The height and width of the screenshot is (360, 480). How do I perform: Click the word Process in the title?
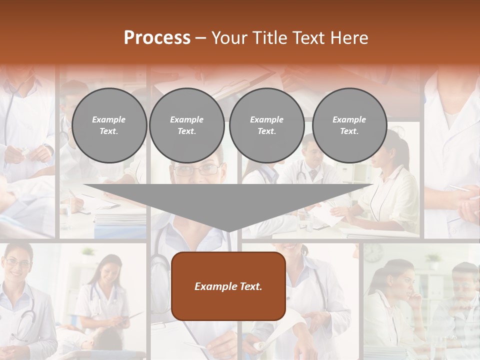(x=157, y=38)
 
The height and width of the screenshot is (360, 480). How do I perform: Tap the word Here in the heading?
(x=348, y=38)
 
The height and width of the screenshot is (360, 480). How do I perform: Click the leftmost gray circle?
(x=109, y=125)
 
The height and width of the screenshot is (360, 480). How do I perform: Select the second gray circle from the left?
(x=186, y=125)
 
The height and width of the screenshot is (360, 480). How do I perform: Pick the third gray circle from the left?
(x=266, y=125)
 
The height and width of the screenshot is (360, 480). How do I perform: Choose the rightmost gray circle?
(x=349, y=125)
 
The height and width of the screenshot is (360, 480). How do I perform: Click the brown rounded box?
(x=228, y=286)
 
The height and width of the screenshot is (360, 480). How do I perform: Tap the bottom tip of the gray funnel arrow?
(x=228, y=231)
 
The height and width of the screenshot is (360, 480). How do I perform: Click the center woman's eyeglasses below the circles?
(x=196, y=170)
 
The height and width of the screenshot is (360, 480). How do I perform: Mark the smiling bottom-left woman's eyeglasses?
(x=17, y=262)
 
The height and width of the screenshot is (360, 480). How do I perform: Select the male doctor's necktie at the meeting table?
(x=313, y=174)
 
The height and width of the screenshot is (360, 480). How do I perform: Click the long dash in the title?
(x=201, y=38)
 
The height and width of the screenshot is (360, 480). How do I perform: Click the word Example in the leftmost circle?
(x=109, y=119)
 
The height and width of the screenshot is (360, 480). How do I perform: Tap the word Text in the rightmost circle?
(x=349, y=131)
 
